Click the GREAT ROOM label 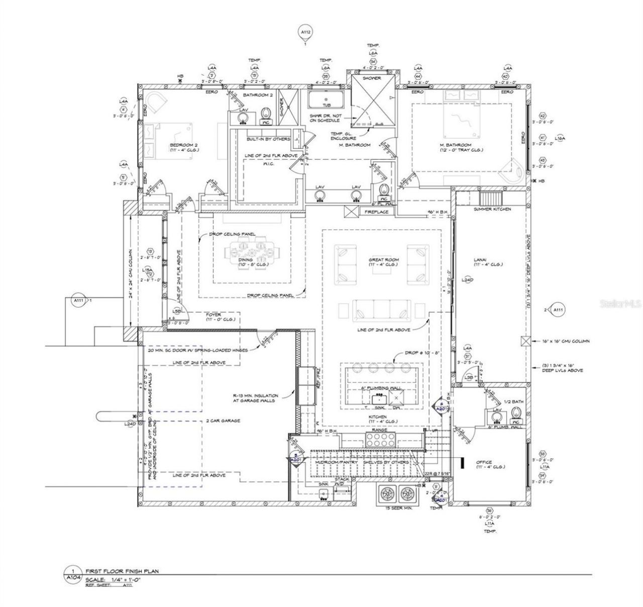383,260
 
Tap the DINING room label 246,260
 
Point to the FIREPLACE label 376,212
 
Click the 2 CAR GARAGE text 223,421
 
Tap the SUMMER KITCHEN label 492,209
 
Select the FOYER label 213,315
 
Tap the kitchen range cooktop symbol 380,440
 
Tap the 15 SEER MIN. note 398,509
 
